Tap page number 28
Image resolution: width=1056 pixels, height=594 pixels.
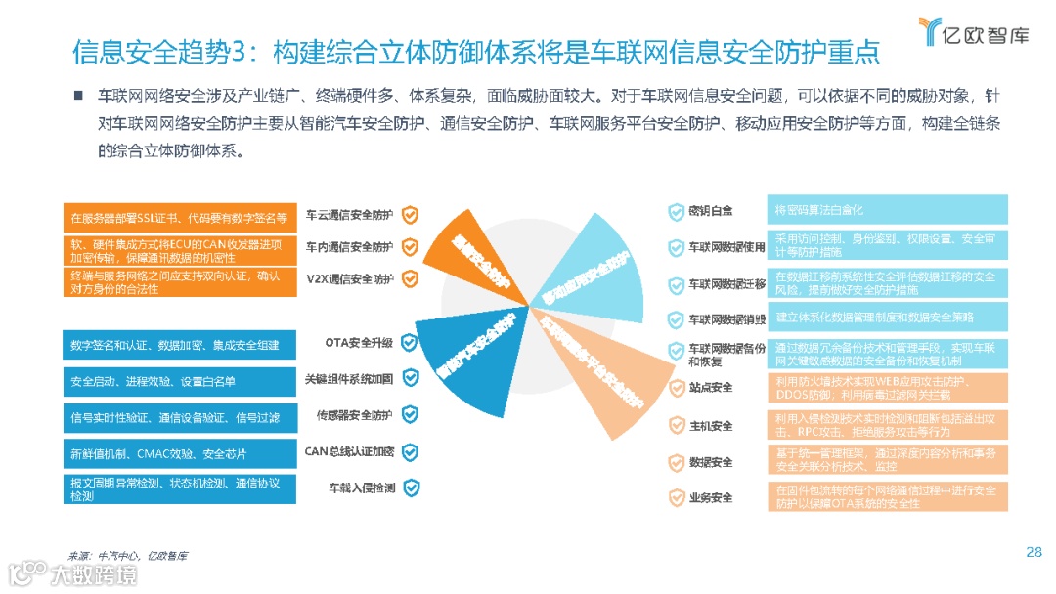tap(1034, 552)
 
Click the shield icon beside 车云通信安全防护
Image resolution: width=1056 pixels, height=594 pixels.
tap(412, 216)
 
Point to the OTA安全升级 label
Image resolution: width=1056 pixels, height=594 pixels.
tap(359, 343)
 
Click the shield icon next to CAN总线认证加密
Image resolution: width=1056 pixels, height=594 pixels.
tap(411, 451)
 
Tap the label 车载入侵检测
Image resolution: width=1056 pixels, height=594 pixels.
tap(363, 487)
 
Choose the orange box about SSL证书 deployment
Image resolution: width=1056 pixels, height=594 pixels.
tap(178, 216)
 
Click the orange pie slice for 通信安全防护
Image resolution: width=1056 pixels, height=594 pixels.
tap(479, 256)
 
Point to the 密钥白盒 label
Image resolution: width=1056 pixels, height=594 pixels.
tap(711, 211)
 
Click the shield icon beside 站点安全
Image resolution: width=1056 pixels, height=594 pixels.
tap(675, 389)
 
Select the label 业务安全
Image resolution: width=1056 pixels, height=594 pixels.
tap(711, 497)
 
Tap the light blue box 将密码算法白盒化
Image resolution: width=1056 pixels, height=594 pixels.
tap(887, 211)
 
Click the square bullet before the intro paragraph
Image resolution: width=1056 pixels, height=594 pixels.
tap(76, 96)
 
